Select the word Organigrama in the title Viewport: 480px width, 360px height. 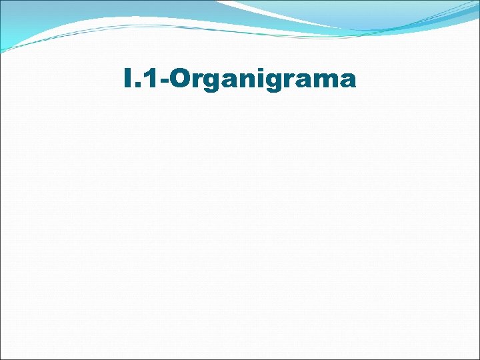tap(263, 80)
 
